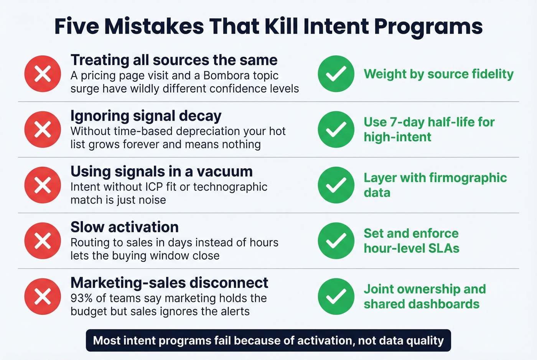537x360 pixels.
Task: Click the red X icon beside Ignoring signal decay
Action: tap(43, 130)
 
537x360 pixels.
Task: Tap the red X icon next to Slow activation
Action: tap(43, 241)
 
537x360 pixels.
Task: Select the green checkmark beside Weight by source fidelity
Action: tap(336, 74)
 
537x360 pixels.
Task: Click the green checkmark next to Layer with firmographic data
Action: tap(336, 185)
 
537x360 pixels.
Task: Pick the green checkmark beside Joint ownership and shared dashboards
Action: tap(336, 296)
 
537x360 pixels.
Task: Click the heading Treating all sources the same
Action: tap(174, 60)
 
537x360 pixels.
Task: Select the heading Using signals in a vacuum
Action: tap(161, 171)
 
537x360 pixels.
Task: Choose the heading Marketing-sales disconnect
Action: tap(169, 283)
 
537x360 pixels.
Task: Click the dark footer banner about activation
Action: tap(268, 340)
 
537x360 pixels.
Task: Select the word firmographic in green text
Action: tap(468, 178)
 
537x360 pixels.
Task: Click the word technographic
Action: tap(230, 187)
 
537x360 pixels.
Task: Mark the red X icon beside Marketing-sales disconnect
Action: tap(43, 296)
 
